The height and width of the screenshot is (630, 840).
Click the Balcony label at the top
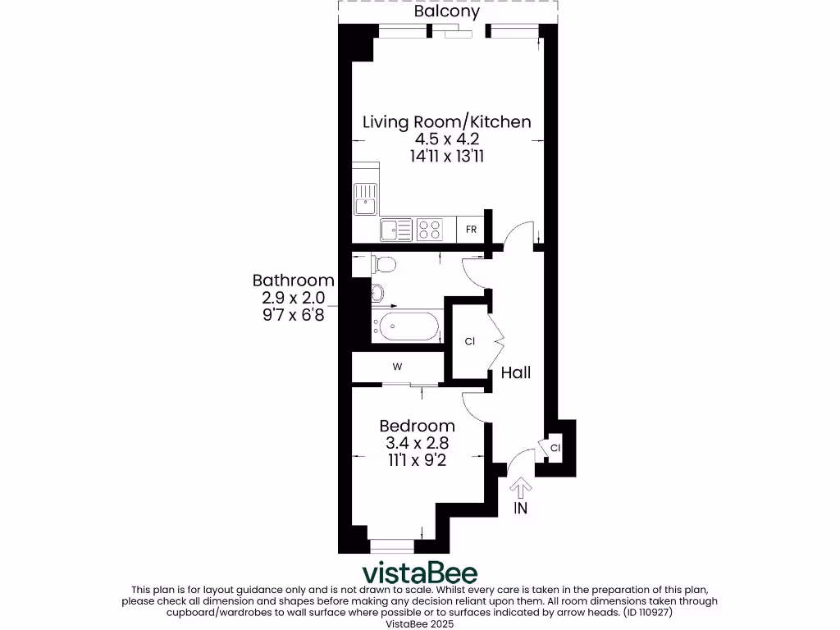pyautogui.click(x=447, y=12)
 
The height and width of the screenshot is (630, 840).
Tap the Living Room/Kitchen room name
pyautogui.click(x=447, y=122)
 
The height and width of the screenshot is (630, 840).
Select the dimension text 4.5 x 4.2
pyautogui.click(x=447, y=139)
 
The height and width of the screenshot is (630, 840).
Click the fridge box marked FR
pyautogui.click(x=471, y=230)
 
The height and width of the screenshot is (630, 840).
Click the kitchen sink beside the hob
pyautogui.click(x=397, y=230)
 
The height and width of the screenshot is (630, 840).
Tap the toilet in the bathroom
pyautogui.click(x=383, y=264)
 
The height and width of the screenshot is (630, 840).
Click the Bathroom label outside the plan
pyautogui.click(x=293, y=281)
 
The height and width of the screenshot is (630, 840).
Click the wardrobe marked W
pyautogui.click(x=397, y=367)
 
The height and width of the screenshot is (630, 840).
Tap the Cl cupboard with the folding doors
pyautogui.click(x=469, y=340)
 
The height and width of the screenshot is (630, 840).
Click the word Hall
pyautogui.click(x=516, y=373)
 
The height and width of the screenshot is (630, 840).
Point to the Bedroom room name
pyautogui.click(x=417, y=427)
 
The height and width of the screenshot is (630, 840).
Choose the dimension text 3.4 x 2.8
pyautogui.click(x=417, y=444)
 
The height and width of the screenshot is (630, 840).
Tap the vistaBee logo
pyautogui.click(x=420, y=572)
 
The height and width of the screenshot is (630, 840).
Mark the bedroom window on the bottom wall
pyautogui.click(x=392, y=545)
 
